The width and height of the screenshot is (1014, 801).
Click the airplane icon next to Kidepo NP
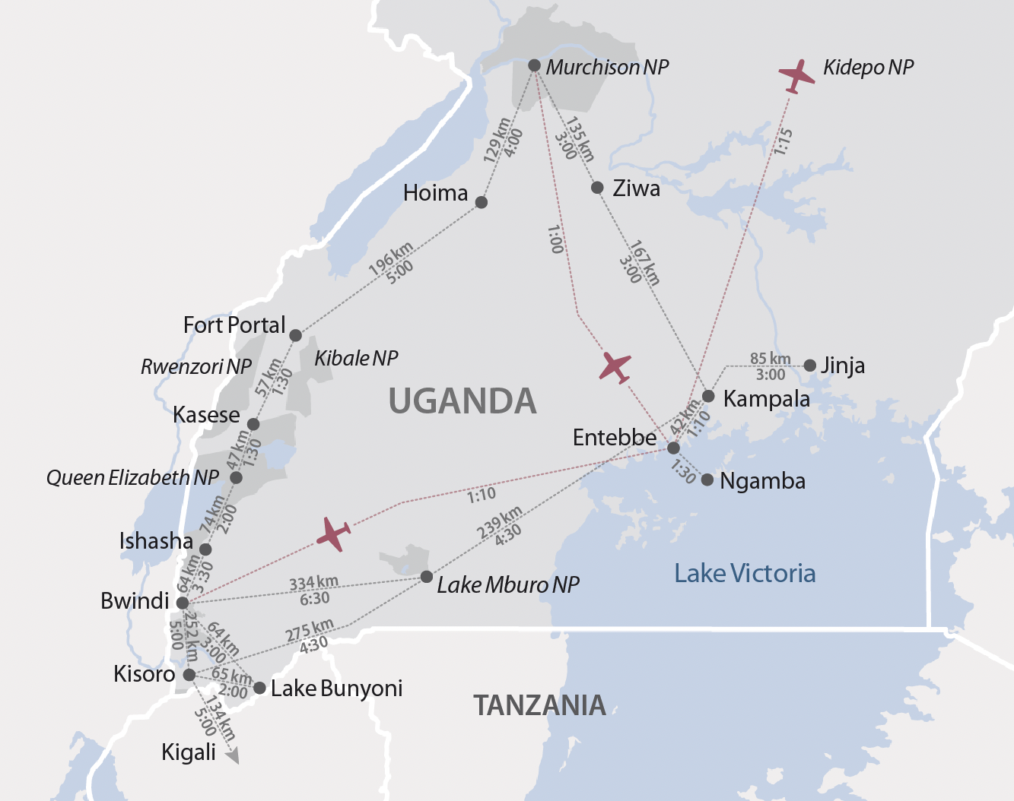click(796, 75)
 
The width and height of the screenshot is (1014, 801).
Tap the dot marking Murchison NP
click(534, 65)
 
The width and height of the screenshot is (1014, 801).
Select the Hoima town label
click(435, 193)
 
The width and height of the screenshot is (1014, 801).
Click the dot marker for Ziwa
click(597, 188)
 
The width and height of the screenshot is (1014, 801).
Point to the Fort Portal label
click(234, 325)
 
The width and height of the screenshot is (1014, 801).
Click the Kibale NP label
click(356, 358)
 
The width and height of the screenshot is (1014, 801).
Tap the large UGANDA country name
click(462, 401)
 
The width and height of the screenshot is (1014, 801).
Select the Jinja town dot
click(810, 366)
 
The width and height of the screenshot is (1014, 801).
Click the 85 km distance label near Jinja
click(770, 359)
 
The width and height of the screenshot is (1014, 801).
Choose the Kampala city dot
click(708, 396)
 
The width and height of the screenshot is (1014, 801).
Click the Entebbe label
click(615, 438)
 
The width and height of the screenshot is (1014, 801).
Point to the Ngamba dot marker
click(707, 480)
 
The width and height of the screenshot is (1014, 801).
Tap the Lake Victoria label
click(745, 573)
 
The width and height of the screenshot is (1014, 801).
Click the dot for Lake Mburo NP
click(427, 577)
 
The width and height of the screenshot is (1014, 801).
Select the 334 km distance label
click(313, 584)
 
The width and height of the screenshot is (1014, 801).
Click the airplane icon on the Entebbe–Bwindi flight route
click(333, 533)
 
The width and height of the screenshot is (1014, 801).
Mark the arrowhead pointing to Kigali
click(234, 756)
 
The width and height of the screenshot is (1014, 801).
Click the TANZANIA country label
click(539, 705)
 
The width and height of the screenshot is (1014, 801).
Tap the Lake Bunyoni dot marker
click(259, 688)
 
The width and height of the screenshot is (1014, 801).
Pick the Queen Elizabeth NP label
click(132, 477)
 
